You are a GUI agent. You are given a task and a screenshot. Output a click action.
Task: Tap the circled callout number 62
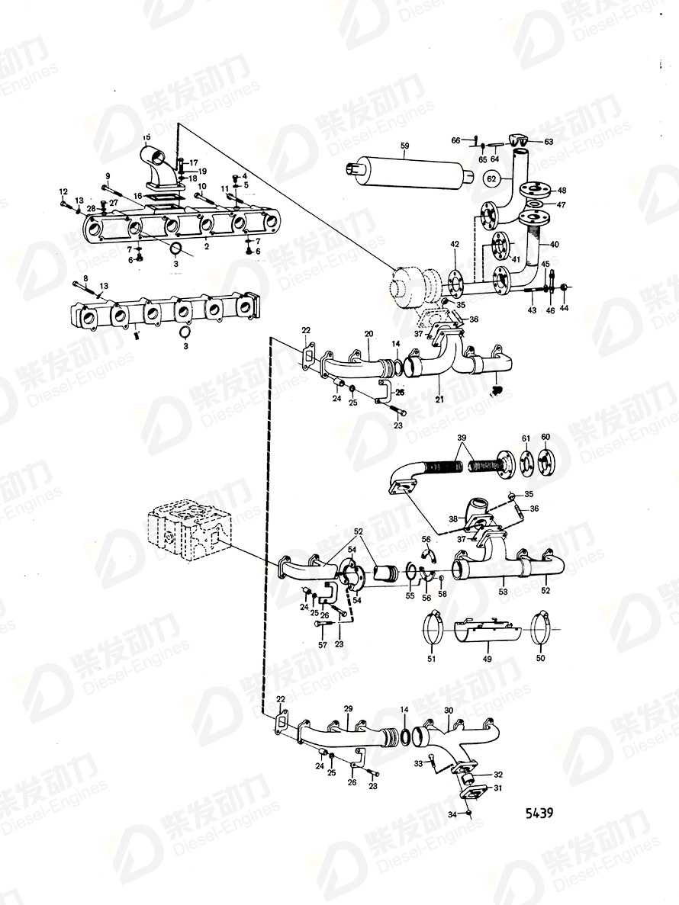(493, 179)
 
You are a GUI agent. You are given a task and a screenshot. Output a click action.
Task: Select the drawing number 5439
(539, 813)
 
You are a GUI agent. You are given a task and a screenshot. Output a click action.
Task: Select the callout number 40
(555, 244)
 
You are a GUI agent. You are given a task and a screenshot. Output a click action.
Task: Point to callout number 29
(348, 708)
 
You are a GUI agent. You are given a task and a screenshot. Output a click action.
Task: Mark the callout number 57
(322, 644)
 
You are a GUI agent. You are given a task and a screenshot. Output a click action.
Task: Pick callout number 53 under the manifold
(503, 592)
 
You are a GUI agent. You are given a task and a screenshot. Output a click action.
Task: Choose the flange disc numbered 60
(545, 462)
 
